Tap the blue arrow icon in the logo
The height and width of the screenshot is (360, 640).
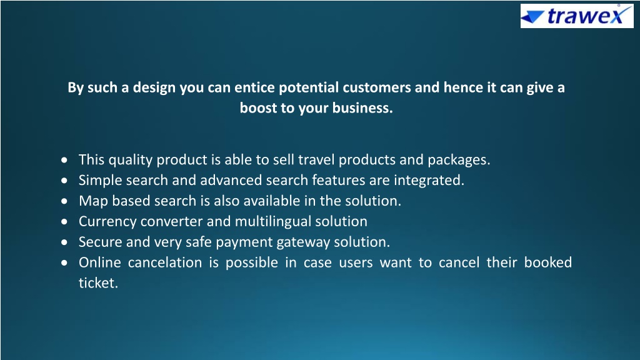click(532, 17)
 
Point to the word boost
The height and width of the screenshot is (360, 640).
click(258, 107)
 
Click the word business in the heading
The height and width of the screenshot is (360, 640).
click(362, 107)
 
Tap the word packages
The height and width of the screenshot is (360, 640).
click(459, 160)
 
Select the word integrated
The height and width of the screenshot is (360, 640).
click(429, 181)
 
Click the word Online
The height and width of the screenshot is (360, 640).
click(100, 262)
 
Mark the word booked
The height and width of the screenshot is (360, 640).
click(547, 262)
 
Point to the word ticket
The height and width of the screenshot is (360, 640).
click(98, 283)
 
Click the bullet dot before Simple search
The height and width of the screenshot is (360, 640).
click(64, 181)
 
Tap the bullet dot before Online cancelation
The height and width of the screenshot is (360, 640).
click(64, 263)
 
